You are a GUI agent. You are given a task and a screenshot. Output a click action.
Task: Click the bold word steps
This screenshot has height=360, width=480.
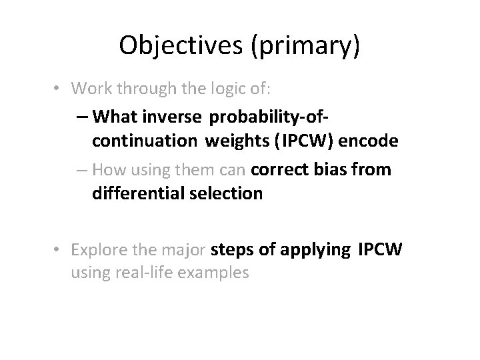pos(229,250)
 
